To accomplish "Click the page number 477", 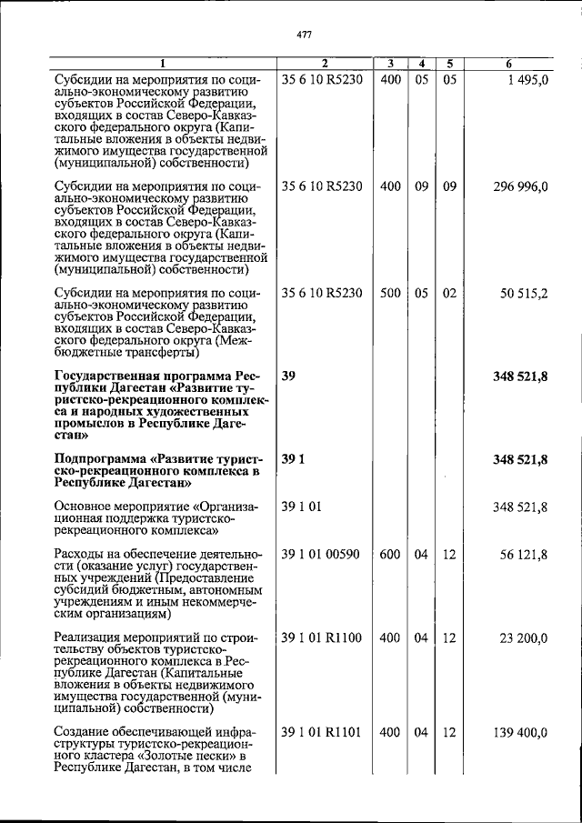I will (305, 35).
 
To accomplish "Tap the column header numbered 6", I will (508, 64).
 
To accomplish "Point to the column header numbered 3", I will (389, 64).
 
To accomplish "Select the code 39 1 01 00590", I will (323, 555).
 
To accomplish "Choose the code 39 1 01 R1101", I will (323, 732).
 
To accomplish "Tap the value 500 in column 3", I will (390, 293).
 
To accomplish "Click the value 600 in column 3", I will (390, 555).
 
